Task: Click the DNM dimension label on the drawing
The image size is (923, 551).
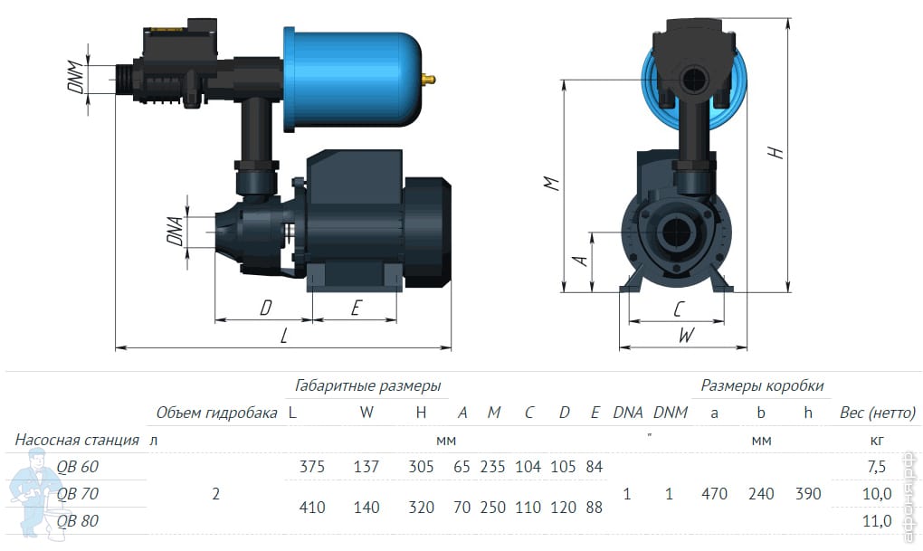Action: click(76, 77)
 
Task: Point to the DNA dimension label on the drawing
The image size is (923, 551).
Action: click(176, 232)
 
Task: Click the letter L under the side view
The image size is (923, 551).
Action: click(284, 337)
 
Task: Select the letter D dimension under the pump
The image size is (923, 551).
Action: click(265, 308)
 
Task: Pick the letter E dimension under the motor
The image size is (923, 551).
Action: click(356, 308)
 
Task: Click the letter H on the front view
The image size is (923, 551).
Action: click(776, 153)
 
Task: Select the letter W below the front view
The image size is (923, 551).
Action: click(686, 335)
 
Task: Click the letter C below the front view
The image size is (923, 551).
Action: click(679, 309)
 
